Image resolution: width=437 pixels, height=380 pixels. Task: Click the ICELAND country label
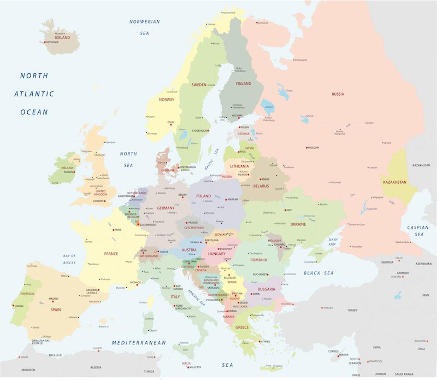(62, 38)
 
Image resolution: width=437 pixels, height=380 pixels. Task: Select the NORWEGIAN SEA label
(144, 27)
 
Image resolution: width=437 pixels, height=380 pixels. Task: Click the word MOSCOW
(314, 148)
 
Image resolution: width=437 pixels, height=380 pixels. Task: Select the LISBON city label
(19, 306)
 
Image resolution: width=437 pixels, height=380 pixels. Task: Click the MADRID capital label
(53, 299)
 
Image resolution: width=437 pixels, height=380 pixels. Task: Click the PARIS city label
(117, 230)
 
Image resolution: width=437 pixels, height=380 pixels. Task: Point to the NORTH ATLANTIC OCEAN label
(34, 93)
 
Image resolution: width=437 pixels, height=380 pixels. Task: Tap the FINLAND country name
(243, 84)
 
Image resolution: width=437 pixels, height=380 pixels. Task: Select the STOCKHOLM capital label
(200, 131)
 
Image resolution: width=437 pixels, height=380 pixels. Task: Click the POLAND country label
(203, 196)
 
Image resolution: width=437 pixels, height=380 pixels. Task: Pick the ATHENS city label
(265, 342)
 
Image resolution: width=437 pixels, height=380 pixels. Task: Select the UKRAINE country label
(298, 224)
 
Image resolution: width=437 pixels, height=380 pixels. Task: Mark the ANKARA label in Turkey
(328, 307)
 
